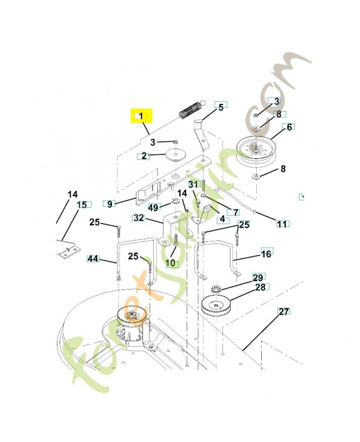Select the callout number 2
click(x=144, y=156)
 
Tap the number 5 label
click(x=221, y=107)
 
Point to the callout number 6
click(x=288, y=127)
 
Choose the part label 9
click(x=109, y=204)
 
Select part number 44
click(x=93, y=258)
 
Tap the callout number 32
click(x=139, y=218)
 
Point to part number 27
click(x=283, y=312)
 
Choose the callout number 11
click(x=282, y=224)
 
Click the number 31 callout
click(x=192, y=184)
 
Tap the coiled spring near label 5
click(x=190, y=108)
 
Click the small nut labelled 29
click(x=216, y=290)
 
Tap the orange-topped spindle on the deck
click(x=133, y=317)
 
